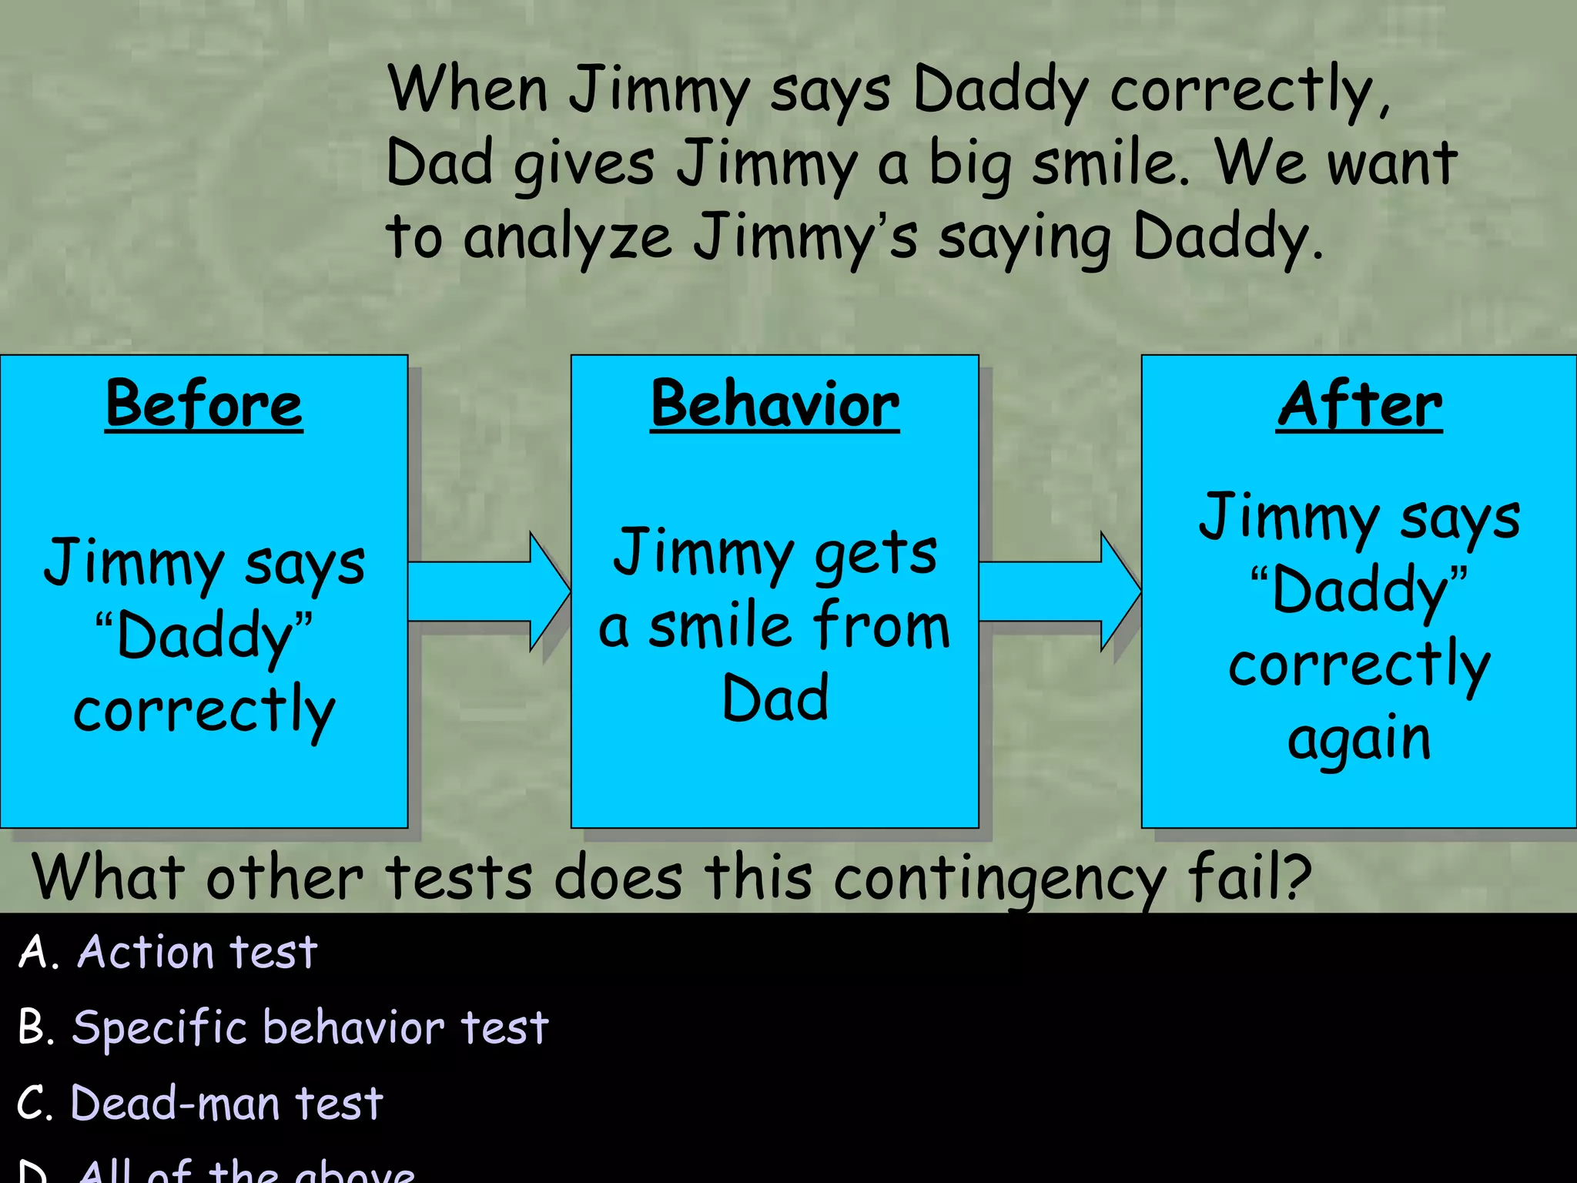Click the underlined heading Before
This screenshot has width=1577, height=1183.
pos(204,404)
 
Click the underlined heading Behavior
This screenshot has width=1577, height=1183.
pos(775,404)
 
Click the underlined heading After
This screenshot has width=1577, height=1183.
pos(1359,404)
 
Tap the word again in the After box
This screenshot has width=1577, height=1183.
pos(1359,739)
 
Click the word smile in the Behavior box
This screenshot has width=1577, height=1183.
pos(721,625)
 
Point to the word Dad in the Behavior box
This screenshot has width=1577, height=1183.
pos(775,698)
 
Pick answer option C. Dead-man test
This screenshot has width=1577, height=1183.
pos(200,1103)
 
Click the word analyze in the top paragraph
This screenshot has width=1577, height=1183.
pos(568,239)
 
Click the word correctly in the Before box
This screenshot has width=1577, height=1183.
pos(204,710)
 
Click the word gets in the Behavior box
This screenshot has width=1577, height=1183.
pos(876,553)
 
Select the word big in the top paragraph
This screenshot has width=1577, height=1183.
pos(969,165)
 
